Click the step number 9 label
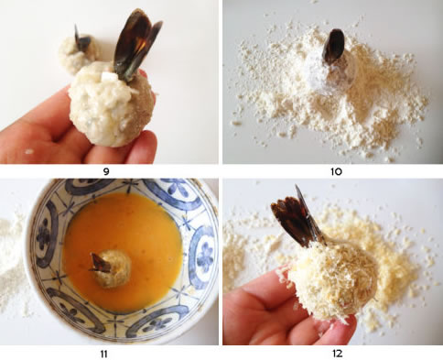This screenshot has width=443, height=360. tap(106, 171)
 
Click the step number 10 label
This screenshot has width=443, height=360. tap(336, 171)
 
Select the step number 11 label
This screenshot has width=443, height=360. tap(103, 354)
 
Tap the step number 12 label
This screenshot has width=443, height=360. tap(337, 354)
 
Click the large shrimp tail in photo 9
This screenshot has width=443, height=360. tap(135, 46)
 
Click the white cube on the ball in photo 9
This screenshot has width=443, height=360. tap(108, 77)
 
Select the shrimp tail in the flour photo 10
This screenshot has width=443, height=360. tap(333, 47)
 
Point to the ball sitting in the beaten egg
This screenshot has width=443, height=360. tap(112, 268)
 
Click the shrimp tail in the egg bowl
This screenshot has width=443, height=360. tap(100, 263)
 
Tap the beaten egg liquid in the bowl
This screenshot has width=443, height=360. tap(122, 232)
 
